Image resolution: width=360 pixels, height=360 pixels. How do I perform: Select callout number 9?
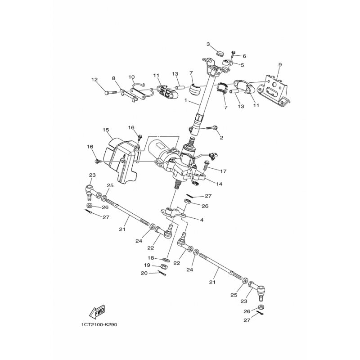(279, 65)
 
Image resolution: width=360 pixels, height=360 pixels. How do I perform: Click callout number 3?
(208, 44)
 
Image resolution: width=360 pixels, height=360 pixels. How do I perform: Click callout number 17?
(223, 171)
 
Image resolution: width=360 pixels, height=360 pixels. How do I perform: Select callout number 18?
(152, 258)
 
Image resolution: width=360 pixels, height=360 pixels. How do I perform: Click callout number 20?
(144, 273)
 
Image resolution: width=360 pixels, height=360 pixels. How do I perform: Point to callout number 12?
(94, 80)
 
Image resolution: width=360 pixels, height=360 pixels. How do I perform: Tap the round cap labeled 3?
(220, 54)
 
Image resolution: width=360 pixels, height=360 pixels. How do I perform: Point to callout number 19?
(147, 265)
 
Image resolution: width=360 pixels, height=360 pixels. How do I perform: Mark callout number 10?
(132, 76)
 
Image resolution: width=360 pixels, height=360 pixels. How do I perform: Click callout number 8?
(114, 78)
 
